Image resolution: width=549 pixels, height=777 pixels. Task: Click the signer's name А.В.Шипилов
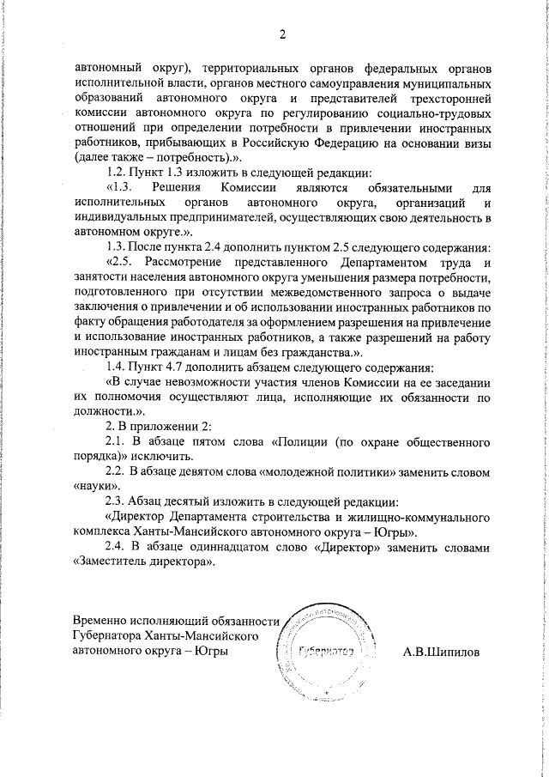pyautogui.click(x=441, y=652)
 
